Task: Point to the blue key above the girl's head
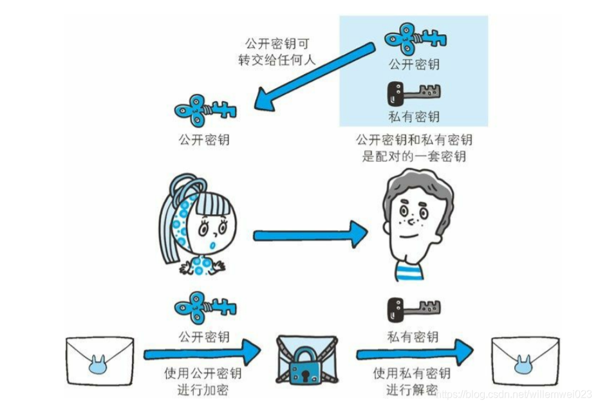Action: (205, 110)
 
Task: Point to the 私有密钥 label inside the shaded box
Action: (414, 116)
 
